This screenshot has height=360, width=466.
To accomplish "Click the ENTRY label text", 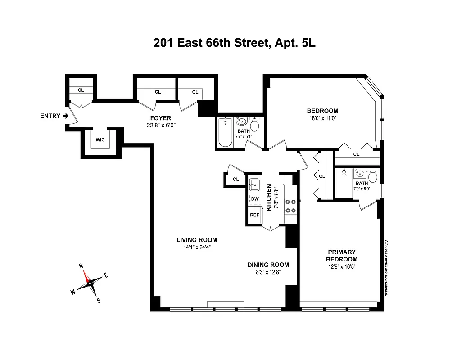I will pyautogui.click(x=50, y=116).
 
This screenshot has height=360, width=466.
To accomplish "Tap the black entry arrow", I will pyautogui.click(x=66, y=116).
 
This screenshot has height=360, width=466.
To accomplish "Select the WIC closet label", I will pyautogui.click(x=100, y=140).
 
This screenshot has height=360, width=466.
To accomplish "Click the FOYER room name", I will pyautogui.click(x=160, y=118).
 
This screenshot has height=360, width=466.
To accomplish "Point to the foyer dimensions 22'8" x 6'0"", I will pyautogui.click(x=160, y=126).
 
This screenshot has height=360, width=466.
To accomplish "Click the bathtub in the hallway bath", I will pyautogui.click(x=225, y=133).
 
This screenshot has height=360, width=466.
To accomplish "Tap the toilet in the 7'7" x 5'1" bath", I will pyautogui.click(x=255, y=123).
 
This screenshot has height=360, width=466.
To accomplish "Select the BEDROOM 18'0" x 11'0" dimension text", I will pyautogui.click(x=322, y=118).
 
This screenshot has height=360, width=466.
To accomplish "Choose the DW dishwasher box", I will pyautogui.click(x=254, y=199).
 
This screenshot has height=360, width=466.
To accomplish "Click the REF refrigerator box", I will pyautogui.click(x=254, y=215).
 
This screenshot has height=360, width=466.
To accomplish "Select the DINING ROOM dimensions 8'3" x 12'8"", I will pyautogui.click(x=268, y=272).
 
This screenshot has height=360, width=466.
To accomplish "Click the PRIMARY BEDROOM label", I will pyautogui.click(x=342, y=256).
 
